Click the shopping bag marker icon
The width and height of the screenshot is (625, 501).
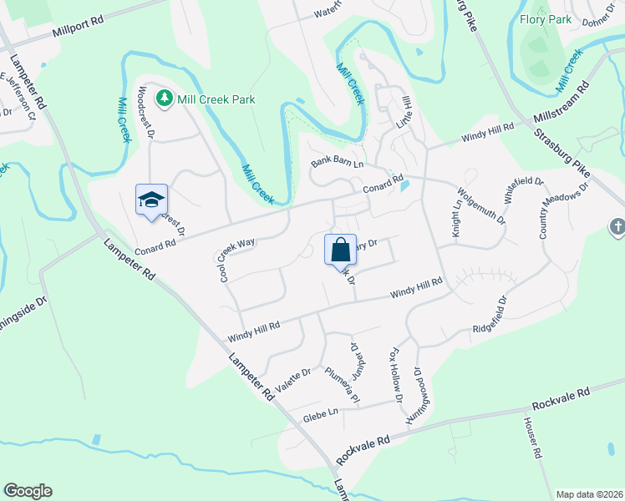click(340, 250)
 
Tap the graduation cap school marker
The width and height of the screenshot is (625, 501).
click(151, 200)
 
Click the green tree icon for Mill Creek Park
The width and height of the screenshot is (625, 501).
click(165, 99)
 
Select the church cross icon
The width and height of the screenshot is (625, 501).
click(617, 225)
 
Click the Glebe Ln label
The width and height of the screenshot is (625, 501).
click(320, 412)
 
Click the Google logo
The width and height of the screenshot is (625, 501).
click(28, 491)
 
